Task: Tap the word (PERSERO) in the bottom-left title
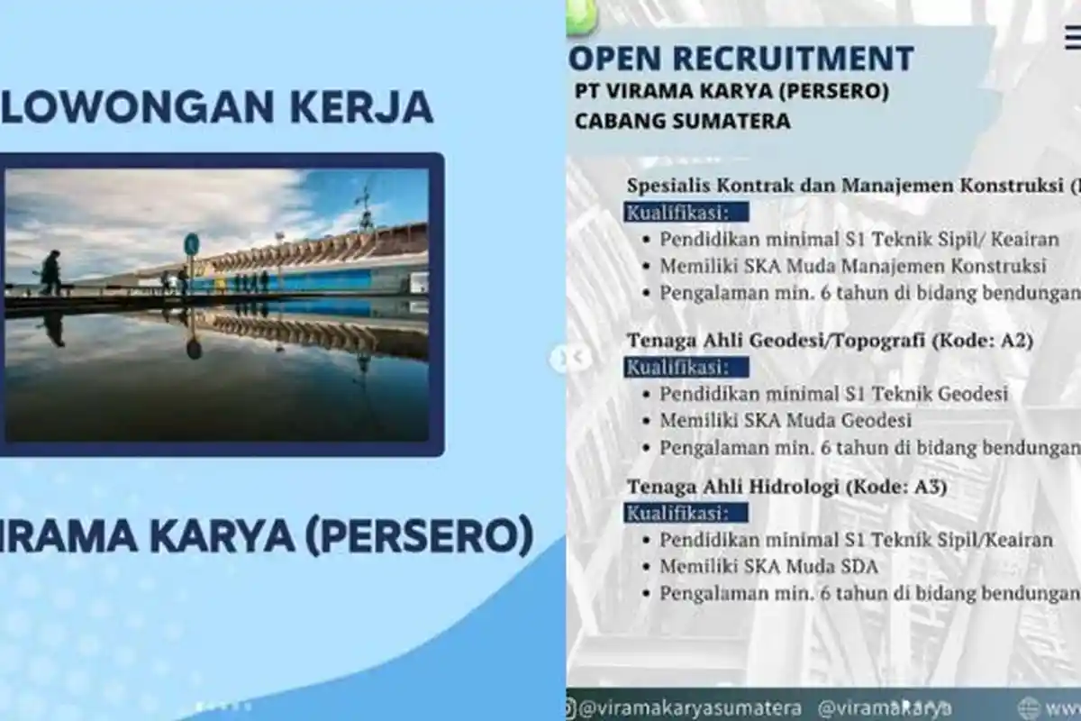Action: pyautogui.click(x=418, y=534)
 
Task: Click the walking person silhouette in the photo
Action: pyautogui.click(x=51, y=272)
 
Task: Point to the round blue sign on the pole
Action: pyautogui.click(x=191, y=243)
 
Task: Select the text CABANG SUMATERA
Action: pyautogui.click(x=682, y=121)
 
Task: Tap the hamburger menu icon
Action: pyautogui.click(x=1072, y=39)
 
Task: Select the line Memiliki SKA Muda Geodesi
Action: pyautogui.click(x=786, y=420)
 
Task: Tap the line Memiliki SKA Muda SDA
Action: pyautogui.click(x=768, y=566)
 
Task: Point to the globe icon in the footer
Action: pyautogui.click(x=1029, y=707)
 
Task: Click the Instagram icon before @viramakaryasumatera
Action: pyautogui.click(x=571, y=707)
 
